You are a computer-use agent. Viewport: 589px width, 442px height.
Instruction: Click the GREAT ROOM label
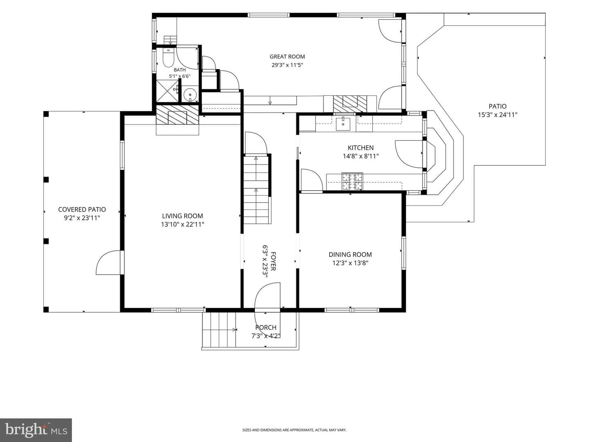pos(287,56)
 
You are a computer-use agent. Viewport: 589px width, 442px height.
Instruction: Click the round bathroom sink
pos(190,95)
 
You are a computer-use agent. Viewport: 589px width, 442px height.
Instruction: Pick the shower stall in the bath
pos(167,91)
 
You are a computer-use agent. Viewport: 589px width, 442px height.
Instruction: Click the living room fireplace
pos(178,115)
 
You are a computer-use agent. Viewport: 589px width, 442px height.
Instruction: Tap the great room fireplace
pos(350,104)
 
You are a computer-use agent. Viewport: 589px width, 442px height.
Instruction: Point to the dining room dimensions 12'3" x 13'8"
pos(350,263)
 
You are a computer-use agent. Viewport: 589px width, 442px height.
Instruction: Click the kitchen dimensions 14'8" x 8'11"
pos(361,156)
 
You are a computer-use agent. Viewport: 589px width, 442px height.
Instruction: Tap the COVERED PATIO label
pos(82,209)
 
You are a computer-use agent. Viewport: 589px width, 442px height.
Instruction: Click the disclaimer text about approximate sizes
pos(294,422)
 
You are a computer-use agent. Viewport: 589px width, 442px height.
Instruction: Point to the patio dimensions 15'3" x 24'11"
pos(497,115)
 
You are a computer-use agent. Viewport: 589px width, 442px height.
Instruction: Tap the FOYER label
pos(273,261)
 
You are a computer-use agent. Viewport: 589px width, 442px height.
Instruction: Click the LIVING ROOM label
pos(182,216)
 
